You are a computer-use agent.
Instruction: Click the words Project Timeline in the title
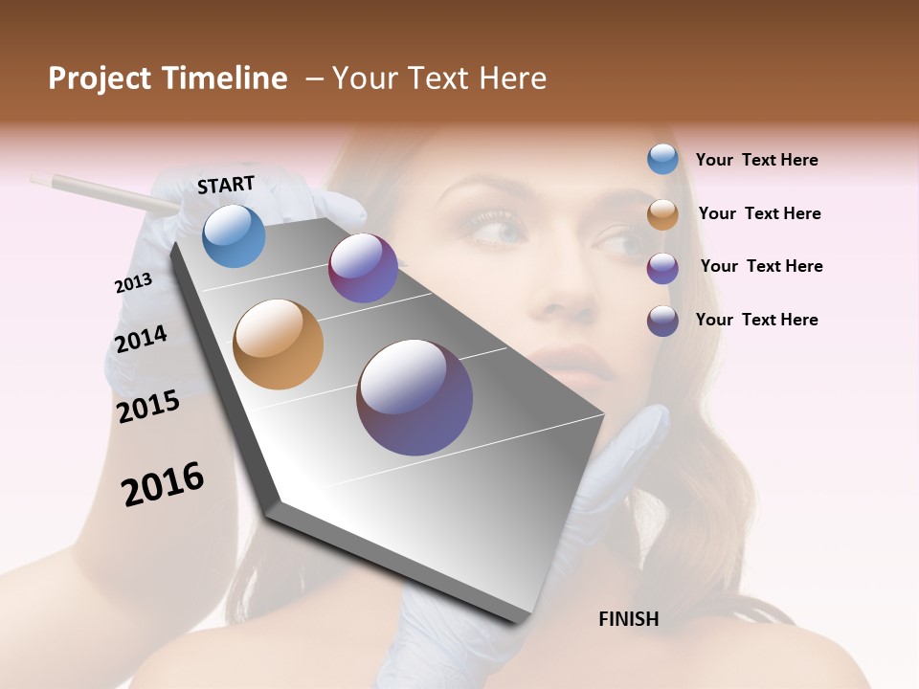(168, 78)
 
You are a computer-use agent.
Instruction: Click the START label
(226, 185)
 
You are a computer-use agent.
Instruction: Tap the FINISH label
(628, 619)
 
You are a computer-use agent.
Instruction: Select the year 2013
(133, 283)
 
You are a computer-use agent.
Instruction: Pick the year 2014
(141, 339)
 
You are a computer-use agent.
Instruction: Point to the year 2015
(148, 407)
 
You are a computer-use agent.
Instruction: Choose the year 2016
(163, 484)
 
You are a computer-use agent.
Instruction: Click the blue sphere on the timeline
(235, 235)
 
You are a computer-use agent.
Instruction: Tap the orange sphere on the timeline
(278, 344)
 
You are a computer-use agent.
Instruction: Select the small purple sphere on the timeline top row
(363, 268)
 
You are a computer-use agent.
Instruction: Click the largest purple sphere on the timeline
(415, 397)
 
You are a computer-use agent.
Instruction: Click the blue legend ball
(662, 160)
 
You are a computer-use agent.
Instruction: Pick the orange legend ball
(662, 213)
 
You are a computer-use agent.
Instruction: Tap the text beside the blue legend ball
(756, 160)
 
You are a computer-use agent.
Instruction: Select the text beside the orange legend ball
(759, 213)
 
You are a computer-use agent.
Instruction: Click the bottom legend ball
(662, 321)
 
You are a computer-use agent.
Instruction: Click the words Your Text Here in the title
(439, 78)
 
